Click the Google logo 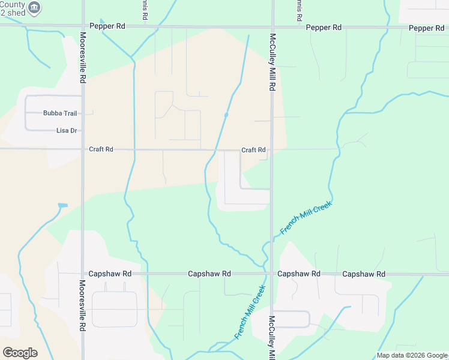coord(20,353)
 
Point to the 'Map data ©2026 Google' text coord(412,355)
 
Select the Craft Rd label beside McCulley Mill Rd coord(253,150)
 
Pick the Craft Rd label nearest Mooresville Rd coord(101,149)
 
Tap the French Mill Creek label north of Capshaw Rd coord(306,218)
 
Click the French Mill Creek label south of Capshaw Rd coord(250,312)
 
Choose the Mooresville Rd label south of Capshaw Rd coord(82,305)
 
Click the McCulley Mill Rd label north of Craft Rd coord(272,60)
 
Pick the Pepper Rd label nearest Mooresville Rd coord(107,26)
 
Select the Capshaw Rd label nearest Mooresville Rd coord(109,274)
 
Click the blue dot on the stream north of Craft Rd coord(226,115)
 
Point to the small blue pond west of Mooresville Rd coord(63,206)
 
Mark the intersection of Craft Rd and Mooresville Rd coord(83,149)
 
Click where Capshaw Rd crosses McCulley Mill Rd coord(271,274)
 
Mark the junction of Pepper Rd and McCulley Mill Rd coord(272,27)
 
